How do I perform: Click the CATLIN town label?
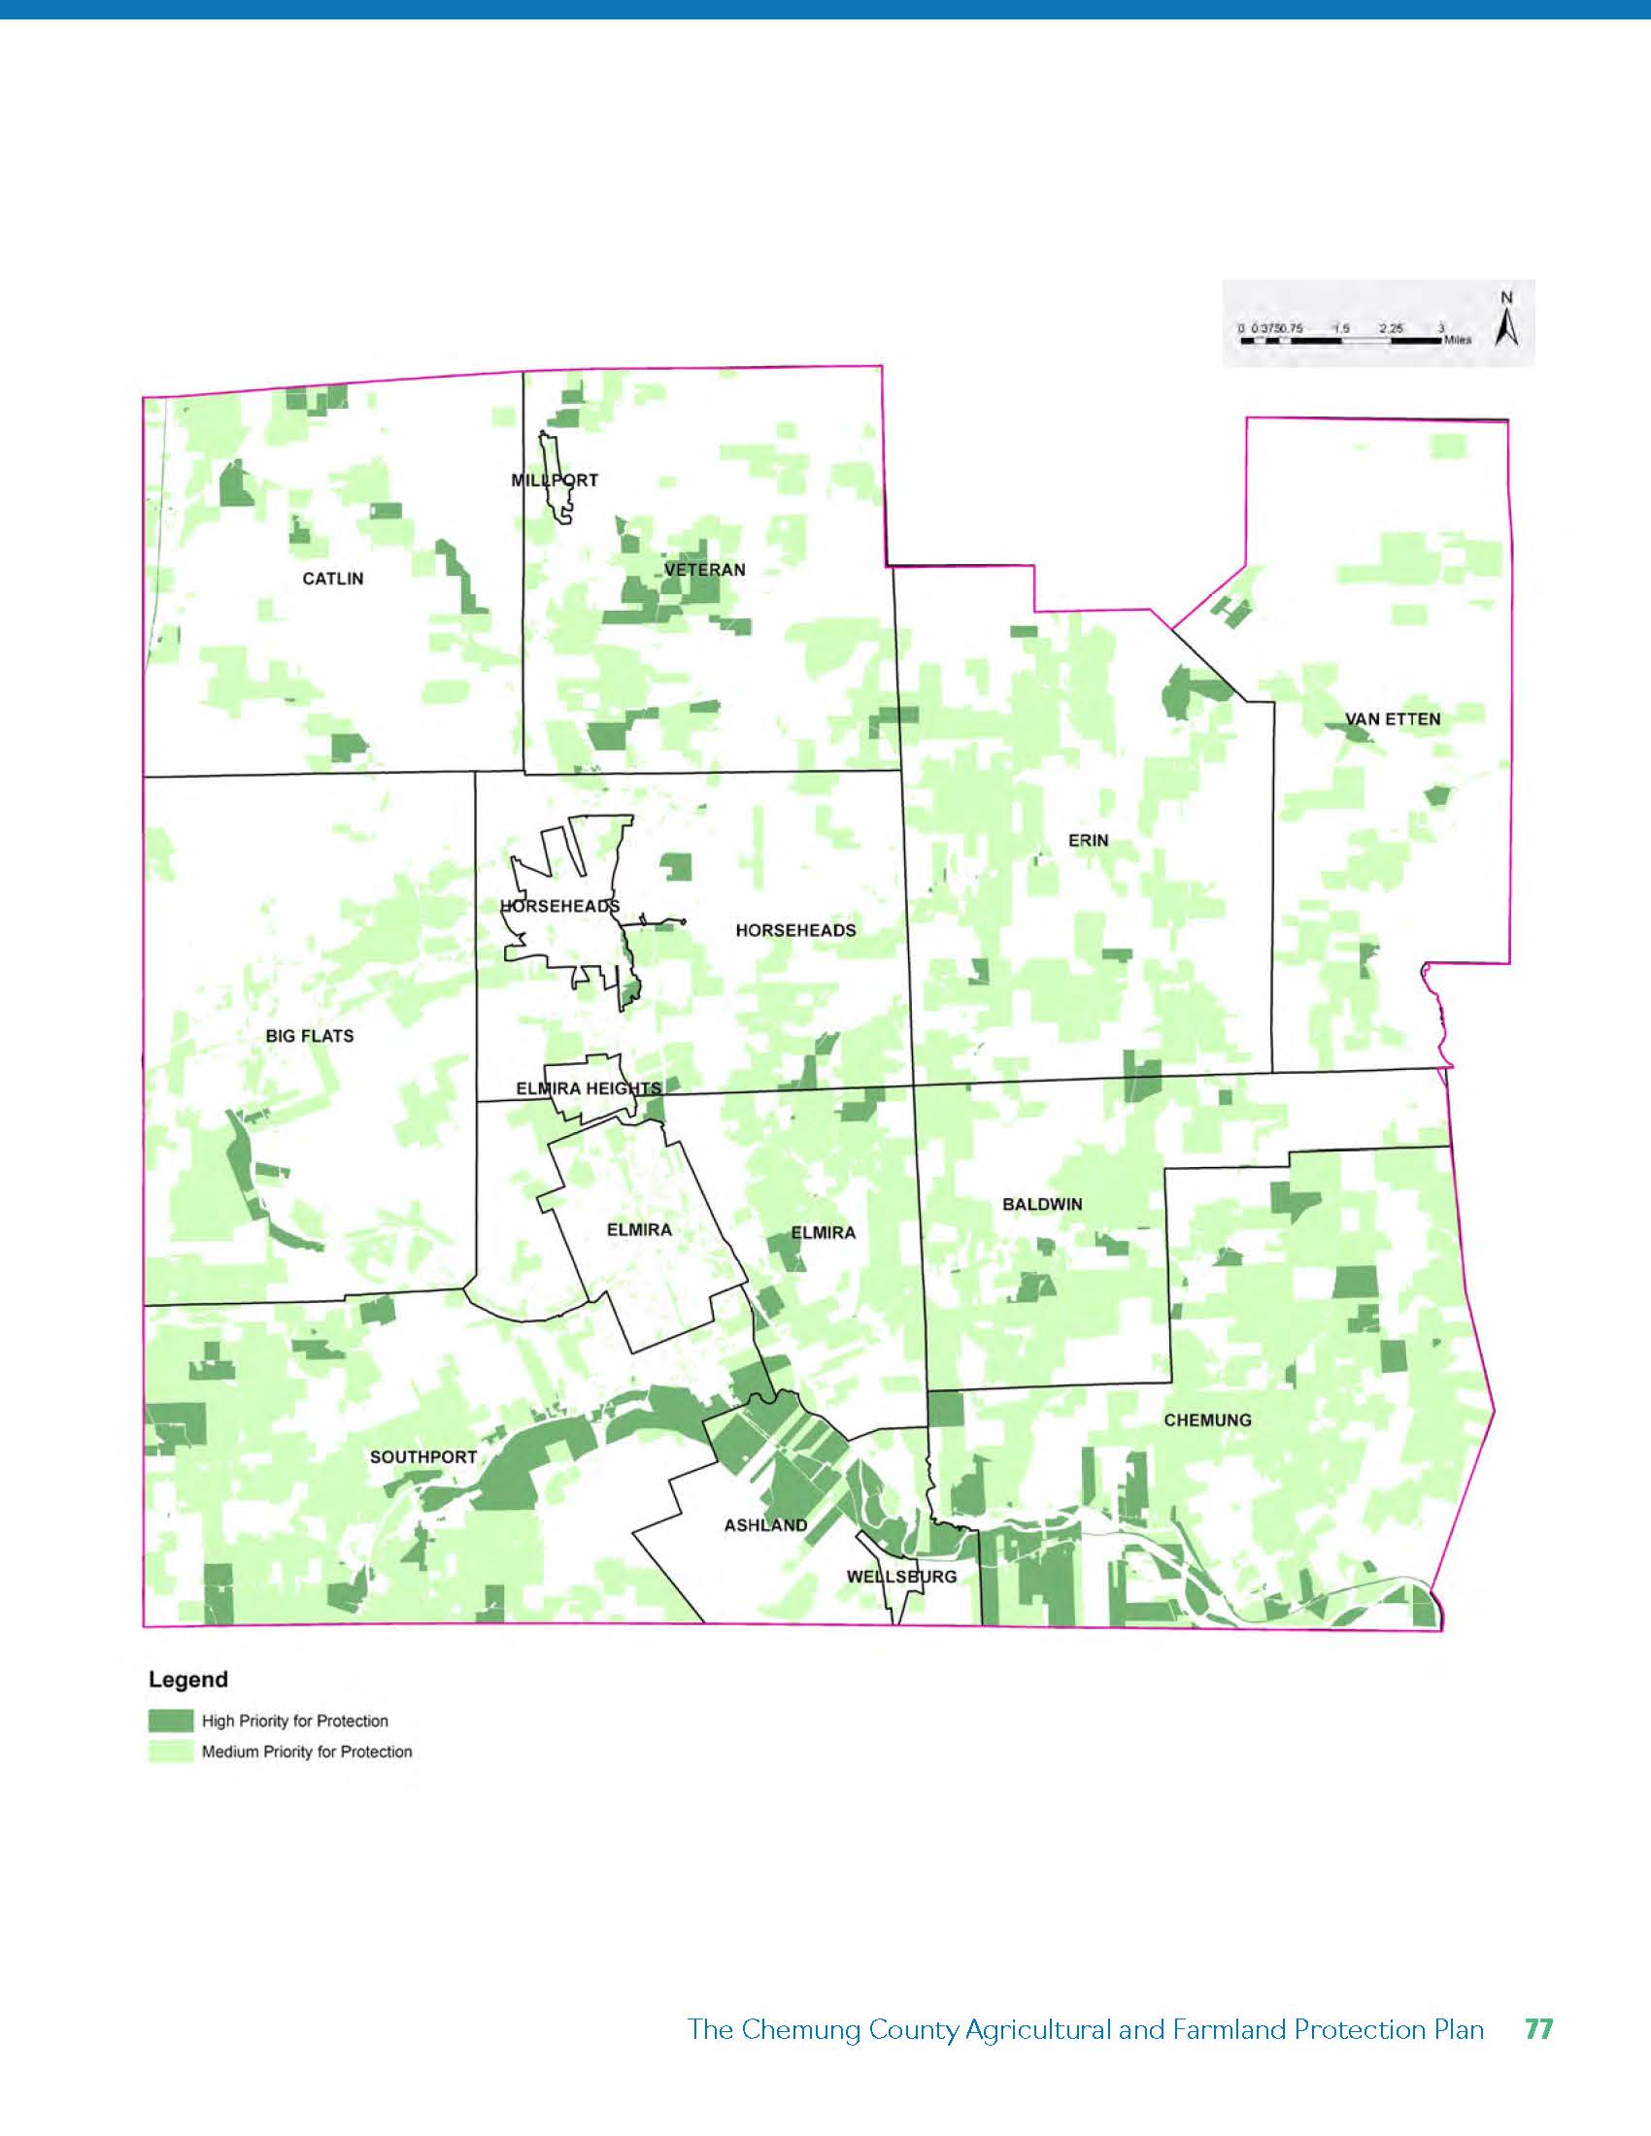332,579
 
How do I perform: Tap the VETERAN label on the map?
704,569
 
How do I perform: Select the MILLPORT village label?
555,481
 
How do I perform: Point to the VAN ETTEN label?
1393,718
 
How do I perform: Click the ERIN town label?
1089,840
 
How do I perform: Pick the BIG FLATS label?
309,1036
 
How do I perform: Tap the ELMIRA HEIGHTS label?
589,1088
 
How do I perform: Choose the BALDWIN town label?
1043,1204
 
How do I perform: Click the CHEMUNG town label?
1207,1420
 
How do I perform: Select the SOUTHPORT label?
423,1457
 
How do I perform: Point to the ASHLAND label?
766,1524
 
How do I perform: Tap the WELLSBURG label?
902,1577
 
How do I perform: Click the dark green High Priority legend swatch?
170,1720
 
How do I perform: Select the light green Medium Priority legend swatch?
170,1752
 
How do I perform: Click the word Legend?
187,1680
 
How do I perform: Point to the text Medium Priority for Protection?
307,1752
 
